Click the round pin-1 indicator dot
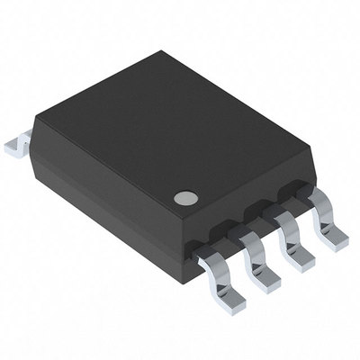pos(186,197)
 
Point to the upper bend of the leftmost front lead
pos(208,257)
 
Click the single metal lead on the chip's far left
pos(18,143)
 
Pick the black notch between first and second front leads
pos(229,235)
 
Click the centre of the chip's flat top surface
pos(166,135)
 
